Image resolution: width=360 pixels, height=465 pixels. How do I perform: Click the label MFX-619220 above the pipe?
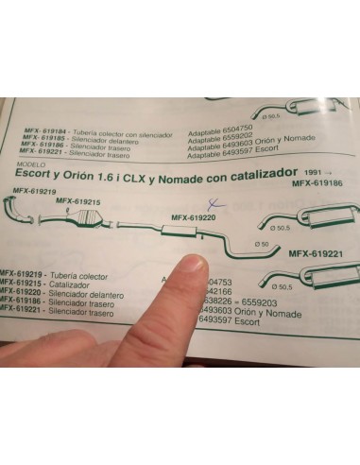pos(193,217)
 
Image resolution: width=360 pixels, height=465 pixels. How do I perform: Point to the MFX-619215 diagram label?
pos(78,202)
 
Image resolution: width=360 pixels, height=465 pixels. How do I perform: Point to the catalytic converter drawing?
pos(93,224)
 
